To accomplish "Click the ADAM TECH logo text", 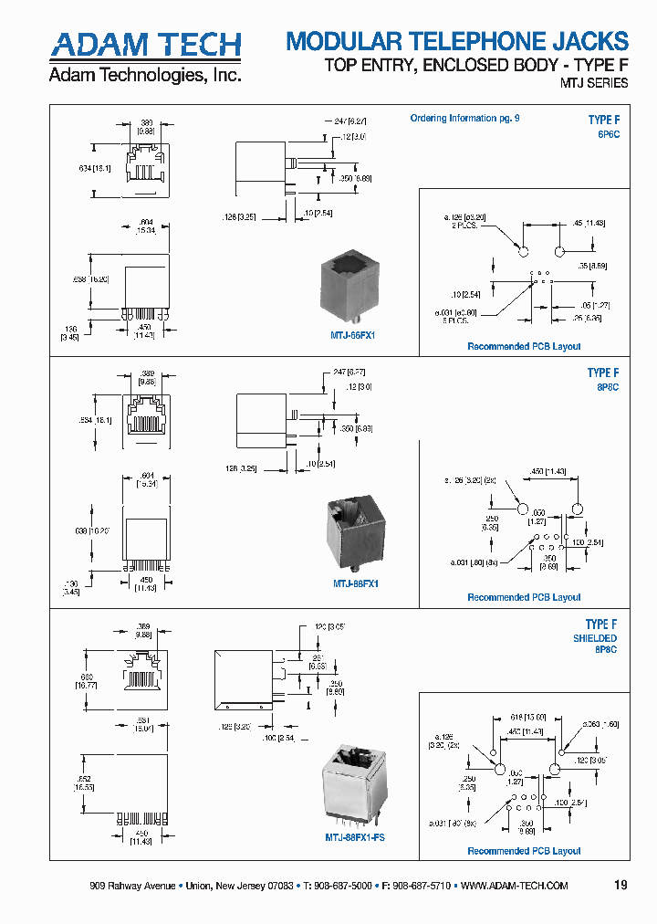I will [145, 45].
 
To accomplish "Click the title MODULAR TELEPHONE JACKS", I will [457, 41].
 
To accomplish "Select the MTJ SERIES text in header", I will [593, 83].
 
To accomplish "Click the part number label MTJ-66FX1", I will [353, 335].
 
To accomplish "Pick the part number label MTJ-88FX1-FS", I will [355, 836].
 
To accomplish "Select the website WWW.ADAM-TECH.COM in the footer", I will [515, 886].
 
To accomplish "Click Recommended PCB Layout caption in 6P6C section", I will [524, 346].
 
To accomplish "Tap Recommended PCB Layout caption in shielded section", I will [524, 851].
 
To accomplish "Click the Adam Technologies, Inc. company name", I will [145, 75].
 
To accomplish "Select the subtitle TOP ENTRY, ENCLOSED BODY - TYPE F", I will [477, 65].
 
